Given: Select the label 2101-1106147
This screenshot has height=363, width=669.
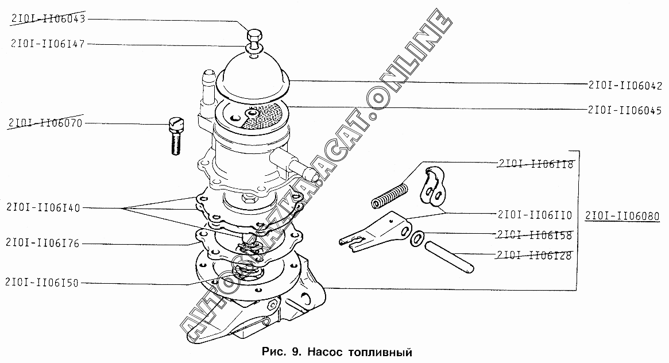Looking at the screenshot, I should (x=48, y=44).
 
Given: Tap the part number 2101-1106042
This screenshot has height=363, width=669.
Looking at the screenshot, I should (x=625, y=86).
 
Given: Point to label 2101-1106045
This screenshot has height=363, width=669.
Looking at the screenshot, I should (x=625, y=110).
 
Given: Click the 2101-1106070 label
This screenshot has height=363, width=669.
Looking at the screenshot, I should (x=45, y=123).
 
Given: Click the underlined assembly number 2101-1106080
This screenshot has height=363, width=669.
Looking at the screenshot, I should (x=622, y=217).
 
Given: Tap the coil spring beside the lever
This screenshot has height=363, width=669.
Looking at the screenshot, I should (x=391, y=194).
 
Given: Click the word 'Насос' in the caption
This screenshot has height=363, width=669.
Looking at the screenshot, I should (x=324, y=350).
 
